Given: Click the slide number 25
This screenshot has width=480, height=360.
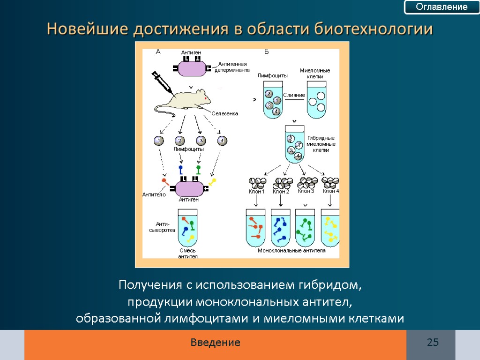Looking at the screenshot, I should pyautogui.click(x=432, y=343).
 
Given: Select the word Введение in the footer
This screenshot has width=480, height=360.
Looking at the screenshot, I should pyautogui.click(x=215, y=343).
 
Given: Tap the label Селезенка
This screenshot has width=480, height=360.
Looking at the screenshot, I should pyautogui.click(x=225, y=113).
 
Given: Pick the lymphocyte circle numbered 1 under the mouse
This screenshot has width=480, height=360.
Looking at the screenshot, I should pyautogui.click(x=159, y=141).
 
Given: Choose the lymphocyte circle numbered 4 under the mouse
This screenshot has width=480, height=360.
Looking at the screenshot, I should pyautogui.click(x=222, y=141).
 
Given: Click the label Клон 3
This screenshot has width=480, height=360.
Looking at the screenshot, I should pyautogui.click(x=306, y=191).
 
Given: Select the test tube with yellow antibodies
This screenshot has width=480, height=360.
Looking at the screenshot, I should pyautogui.click(x=330, y=228).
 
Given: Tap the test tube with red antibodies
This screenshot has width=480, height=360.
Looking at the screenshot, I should pyautogui.click(x=256, y=228).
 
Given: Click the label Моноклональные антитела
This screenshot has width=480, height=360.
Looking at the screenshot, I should pyautogui.click(x=292, y=251).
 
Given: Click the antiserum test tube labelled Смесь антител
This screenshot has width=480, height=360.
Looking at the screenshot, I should pyautogui.click(x=187, y=227).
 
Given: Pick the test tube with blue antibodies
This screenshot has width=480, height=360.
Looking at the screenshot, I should pyautogui.click(x=280, y=228).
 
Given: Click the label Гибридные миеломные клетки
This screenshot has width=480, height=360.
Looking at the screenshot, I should pyautogui.click(x=321, y=144).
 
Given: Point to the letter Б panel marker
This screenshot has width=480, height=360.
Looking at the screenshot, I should pyautogui.click(x=266, y=52).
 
